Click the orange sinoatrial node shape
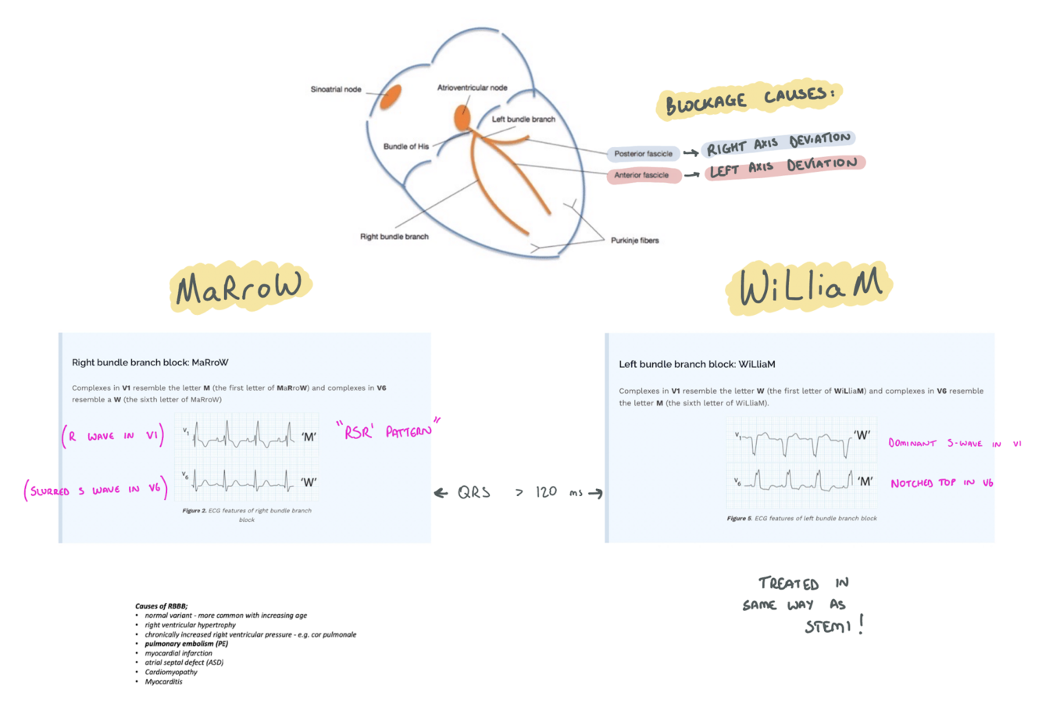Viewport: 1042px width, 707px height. tap(391, 97)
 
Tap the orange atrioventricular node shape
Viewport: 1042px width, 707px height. tap(462, 118)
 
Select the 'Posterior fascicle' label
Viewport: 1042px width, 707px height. tap(643, 154)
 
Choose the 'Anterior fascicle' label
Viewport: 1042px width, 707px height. tap(641, 175)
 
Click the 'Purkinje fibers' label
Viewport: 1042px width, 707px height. tap(634, 241)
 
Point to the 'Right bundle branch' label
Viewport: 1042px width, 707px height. tap(394, 237)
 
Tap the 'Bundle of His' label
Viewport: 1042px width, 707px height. tap(405, 147)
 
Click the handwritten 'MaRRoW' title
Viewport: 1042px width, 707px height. tap(239, 287)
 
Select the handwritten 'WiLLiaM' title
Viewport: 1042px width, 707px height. tap(809, 286)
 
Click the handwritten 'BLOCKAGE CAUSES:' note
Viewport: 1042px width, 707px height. tap(748, 99)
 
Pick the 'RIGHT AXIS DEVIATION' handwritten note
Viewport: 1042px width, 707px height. tap(778, 144)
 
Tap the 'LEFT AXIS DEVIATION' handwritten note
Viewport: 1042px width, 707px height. tap(783, 167)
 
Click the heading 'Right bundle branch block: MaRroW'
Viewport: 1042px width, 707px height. tap(150, 362)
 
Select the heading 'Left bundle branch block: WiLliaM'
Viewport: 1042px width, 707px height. tap(697, 364)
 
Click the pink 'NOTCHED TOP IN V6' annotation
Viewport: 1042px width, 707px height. tap(941, 484)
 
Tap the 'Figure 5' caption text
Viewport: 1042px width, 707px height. tap(801, 518)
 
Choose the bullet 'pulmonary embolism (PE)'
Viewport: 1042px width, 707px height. tap(186, 644)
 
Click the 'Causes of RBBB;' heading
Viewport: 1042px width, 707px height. tap(161, 606)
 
